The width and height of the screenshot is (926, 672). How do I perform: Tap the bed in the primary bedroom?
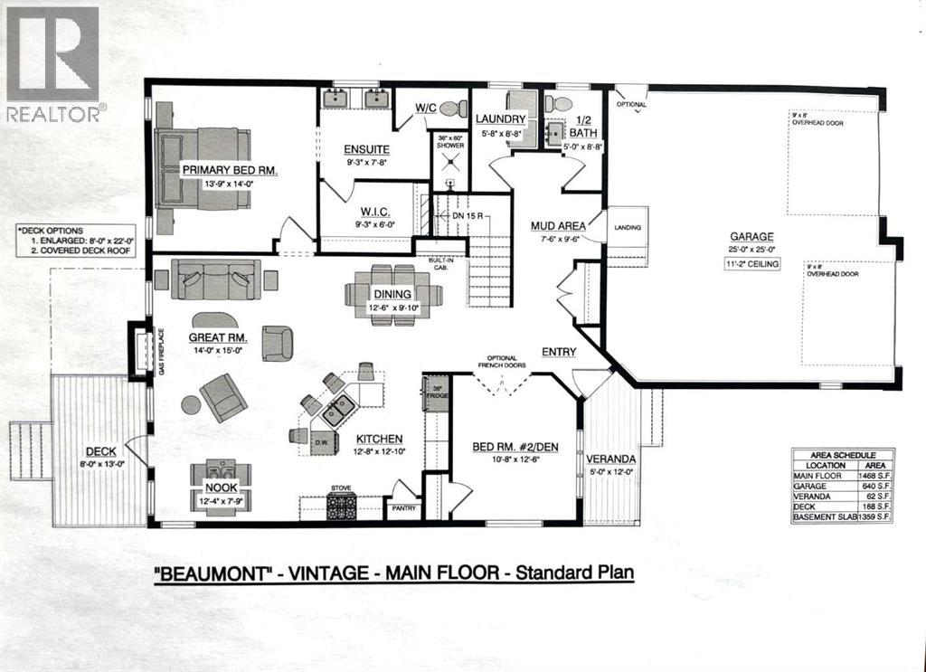pos(201,168)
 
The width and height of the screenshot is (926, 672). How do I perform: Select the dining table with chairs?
pos(393,294)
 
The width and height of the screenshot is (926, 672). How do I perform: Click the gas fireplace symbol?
pos(140,352)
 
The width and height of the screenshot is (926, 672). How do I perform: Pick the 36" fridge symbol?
pos(437,395)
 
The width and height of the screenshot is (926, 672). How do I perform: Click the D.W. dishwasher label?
pos(322,441)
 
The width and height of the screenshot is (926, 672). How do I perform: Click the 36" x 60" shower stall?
pos(449,161)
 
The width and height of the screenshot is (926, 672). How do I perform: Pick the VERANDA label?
pos(610,459)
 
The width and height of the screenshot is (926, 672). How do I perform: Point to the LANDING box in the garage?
pos(627,228)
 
